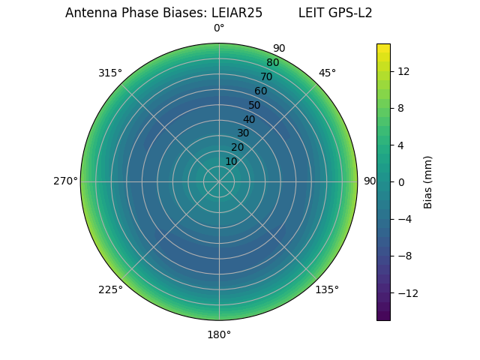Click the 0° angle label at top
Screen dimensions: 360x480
[x=219, y=28]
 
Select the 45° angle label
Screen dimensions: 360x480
[x=327, y=73]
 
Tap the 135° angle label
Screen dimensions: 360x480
[x=327, y=289]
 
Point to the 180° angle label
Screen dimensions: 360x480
[x=219, y=334]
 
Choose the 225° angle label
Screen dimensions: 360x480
[x=110, y=289]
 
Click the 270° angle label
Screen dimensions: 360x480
[x=65, y=181]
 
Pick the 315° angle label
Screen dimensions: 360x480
[x=110, y=73]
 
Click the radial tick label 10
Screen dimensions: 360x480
[x=231, y=161]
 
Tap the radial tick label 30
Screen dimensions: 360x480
[x=243, y=133]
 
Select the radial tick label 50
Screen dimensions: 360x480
[x=255, y=106]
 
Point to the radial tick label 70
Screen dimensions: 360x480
[x=266, y=77]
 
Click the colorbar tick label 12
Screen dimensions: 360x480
[x=403, y=71]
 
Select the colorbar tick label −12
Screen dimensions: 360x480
[x=406, y=293]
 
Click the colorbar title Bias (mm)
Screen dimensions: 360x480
[x=428, y=181]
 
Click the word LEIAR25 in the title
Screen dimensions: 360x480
[x=237, y=13]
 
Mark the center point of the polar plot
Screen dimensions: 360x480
[x=219, y=181]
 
